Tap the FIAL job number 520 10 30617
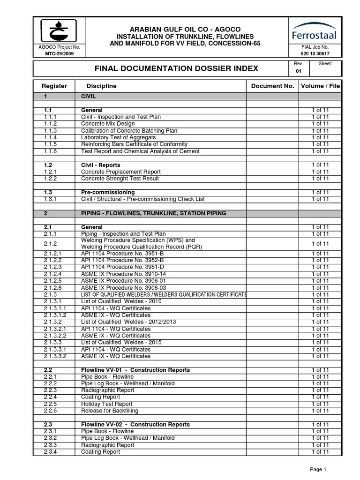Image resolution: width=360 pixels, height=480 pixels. (315, 53)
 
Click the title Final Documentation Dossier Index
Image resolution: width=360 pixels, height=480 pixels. (176, 68)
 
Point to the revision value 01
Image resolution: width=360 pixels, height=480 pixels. (298, 72)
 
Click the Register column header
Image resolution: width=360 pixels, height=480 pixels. (54, 86)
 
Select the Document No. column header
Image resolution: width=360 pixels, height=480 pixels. (272, 86)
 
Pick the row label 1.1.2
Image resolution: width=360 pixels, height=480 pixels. (50, 124)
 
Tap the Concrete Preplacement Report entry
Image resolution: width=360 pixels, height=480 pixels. (121, 172)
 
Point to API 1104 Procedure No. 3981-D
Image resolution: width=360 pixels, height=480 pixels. (122, 267)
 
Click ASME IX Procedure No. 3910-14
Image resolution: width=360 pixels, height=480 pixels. (123, 274)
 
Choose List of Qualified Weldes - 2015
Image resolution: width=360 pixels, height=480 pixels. (121, 343)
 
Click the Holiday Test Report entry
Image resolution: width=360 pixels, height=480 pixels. (106, 404)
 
